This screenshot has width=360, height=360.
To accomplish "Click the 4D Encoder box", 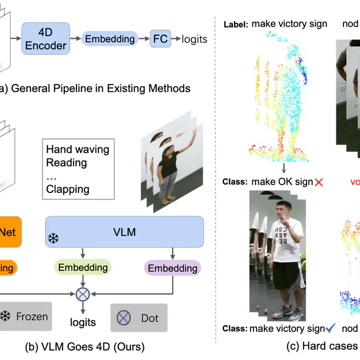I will (x=46, y=38).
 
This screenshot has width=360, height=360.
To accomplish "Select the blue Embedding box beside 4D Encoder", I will (x=109, y=39).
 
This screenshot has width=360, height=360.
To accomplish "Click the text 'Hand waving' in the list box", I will (x=77, y=149).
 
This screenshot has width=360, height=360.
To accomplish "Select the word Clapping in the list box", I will (x=68, y=190).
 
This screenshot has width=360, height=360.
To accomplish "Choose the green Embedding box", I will (x=83, y=267).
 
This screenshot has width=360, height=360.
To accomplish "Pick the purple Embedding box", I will (x=173, y=268).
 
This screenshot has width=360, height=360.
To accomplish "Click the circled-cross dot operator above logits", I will (x=82, y=294).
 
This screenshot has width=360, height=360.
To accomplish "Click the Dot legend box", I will (x=139, y=318).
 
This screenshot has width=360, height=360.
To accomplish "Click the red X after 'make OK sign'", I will (x=318, y=182).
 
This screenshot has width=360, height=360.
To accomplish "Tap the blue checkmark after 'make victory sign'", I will (x=331, y=329).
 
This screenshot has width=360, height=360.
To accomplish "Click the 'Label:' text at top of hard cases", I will (x=235, y=24).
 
